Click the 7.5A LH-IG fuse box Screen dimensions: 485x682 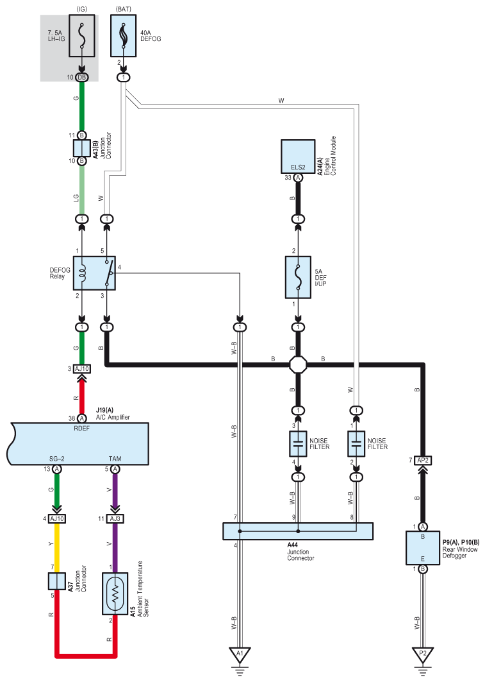coord(81,36)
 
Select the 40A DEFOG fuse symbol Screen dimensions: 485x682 coord(123,36)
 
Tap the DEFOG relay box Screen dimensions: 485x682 coord(94,273)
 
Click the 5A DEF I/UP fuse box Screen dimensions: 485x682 coord(298,277)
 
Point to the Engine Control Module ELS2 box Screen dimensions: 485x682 coord(298,157)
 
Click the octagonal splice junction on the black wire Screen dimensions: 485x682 coord(298,364)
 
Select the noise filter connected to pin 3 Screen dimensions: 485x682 coord(298,443)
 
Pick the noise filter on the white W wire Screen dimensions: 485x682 coord(356,443)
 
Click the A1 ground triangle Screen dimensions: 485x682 coord(240,654)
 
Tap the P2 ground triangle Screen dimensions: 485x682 coord(423,654)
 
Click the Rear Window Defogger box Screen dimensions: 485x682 coord(423,548)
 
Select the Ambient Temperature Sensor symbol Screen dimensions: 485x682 coord(115,593)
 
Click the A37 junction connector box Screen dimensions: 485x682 coord(57,581)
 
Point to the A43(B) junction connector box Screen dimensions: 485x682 coord(81,148)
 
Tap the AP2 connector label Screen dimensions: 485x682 coord(423,460)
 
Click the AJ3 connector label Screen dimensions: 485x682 coord(115,518)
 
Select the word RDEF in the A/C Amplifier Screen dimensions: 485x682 coord(81,429)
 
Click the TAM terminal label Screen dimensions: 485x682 coord(115,459)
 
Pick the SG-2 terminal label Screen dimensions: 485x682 coord(57,459)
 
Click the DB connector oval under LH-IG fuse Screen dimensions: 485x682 coord(81,78)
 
